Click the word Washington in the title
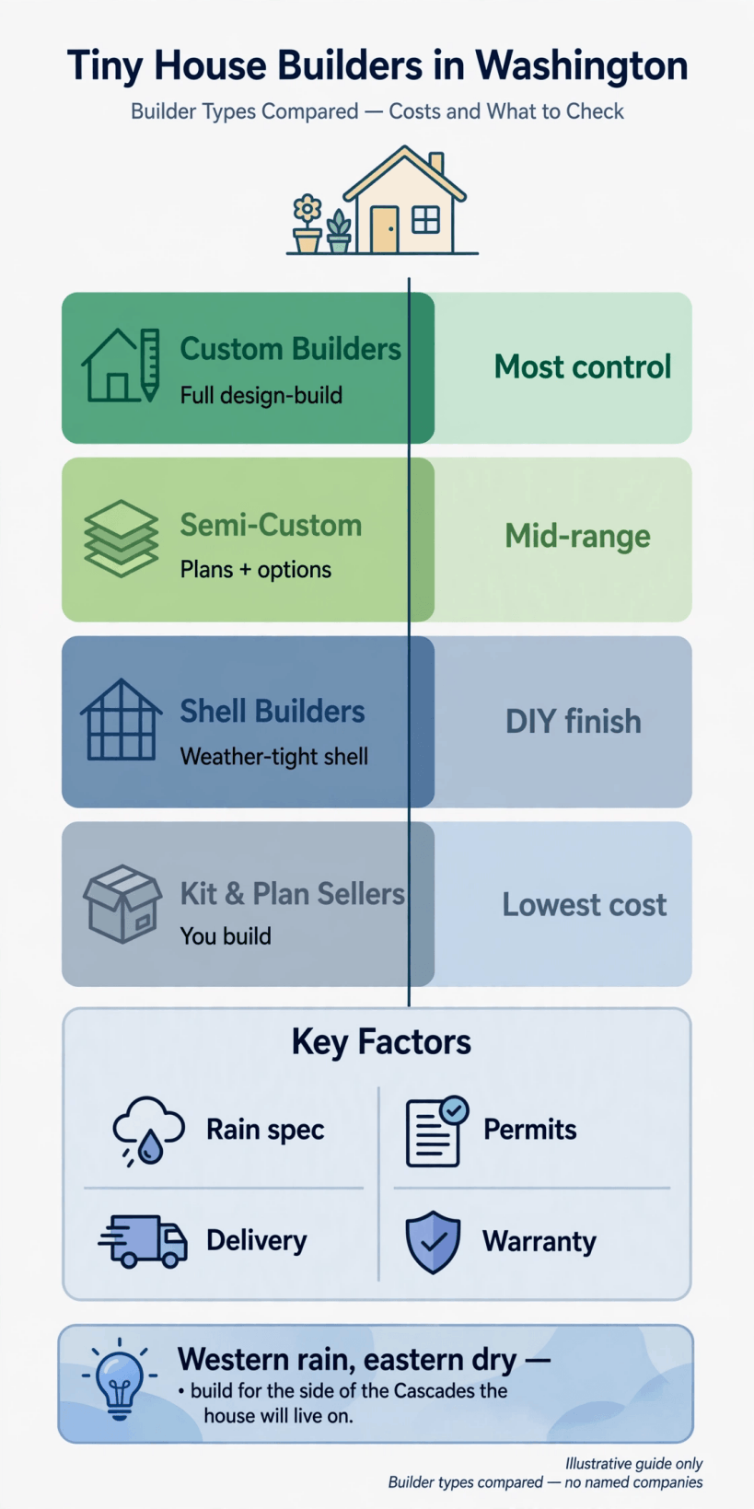581,67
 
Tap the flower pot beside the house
307,224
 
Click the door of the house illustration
384,230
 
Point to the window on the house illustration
426,220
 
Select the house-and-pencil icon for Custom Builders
121,366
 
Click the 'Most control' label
583,367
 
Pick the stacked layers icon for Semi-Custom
122,539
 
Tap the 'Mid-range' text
577,537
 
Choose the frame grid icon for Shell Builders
122,719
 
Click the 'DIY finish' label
574,722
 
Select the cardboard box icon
122,903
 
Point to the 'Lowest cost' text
585,905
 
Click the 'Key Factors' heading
381,1041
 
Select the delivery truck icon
143,1241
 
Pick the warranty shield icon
434,1242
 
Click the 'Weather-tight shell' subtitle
274,757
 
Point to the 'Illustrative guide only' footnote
633,1464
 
